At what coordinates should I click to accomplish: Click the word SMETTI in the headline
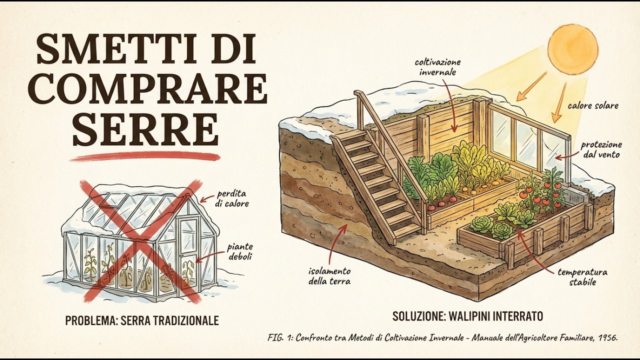point(108,49)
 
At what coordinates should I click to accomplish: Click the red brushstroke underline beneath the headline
point(145,157)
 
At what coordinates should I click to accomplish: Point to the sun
point(572,48)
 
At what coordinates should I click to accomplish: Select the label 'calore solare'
point(593,105)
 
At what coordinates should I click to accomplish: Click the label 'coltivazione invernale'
point(437,67)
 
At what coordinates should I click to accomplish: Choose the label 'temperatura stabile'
point(583,277)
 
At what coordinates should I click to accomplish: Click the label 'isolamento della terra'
point(329,275)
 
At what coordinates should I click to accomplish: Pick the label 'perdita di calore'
point(233,198)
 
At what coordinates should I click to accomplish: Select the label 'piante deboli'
point(240,251)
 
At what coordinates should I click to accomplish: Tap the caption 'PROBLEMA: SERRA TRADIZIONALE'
point(142,320)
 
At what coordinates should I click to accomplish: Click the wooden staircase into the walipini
point(377,183)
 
